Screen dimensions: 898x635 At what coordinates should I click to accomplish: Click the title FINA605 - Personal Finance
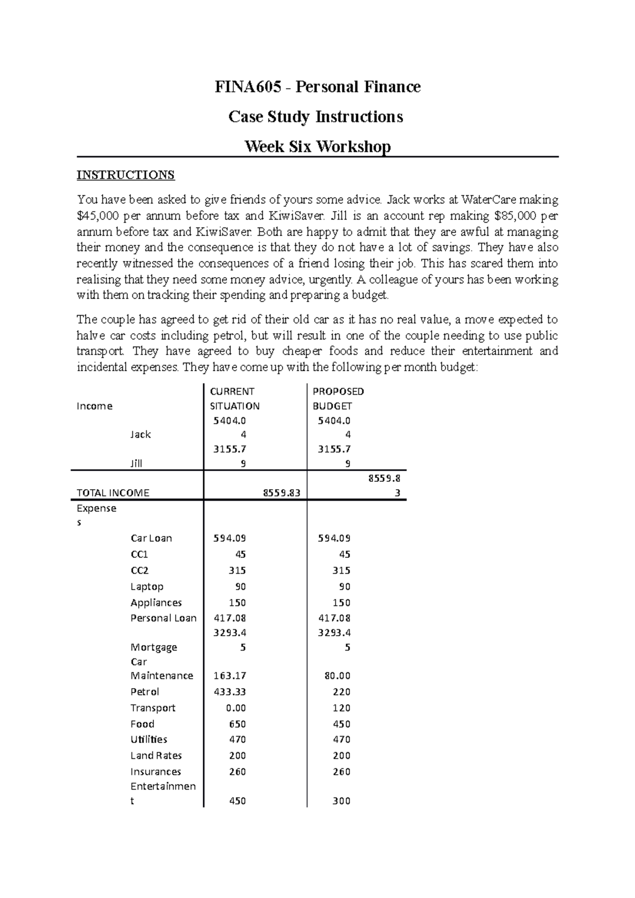pyautogui.click(x=317, y=87)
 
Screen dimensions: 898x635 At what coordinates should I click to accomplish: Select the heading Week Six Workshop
pyautogui.click(x=317, y=146)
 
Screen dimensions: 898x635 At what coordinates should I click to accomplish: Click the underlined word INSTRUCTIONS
pyautogui.click(x=125, y=175)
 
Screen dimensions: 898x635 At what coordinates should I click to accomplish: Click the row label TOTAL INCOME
pyautogui.click(x=113, y=493)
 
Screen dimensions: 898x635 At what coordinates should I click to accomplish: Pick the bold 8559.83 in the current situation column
pyautogui.click(x=282, y=493)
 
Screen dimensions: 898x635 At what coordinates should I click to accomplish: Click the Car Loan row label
pyautogui.click(x=151, y=538)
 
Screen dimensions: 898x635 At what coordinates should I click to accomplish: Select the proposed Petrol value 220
pyautogui.click(x=341, y=692)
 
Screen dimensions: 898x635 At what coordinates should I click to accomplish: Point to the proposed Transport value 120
pyautogui.click(x=341, y=708)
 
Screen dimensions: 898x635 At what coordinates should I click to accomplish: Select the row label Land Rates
pyautogui.click(x=156, y=756)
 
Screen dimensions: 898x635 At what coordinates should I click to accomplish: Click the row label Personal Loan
pyautogui.click(x=164, y=618)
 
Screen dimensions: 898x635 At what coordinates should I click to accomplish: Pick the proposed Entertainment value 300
pyautogui.click(x=341, y=801)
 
